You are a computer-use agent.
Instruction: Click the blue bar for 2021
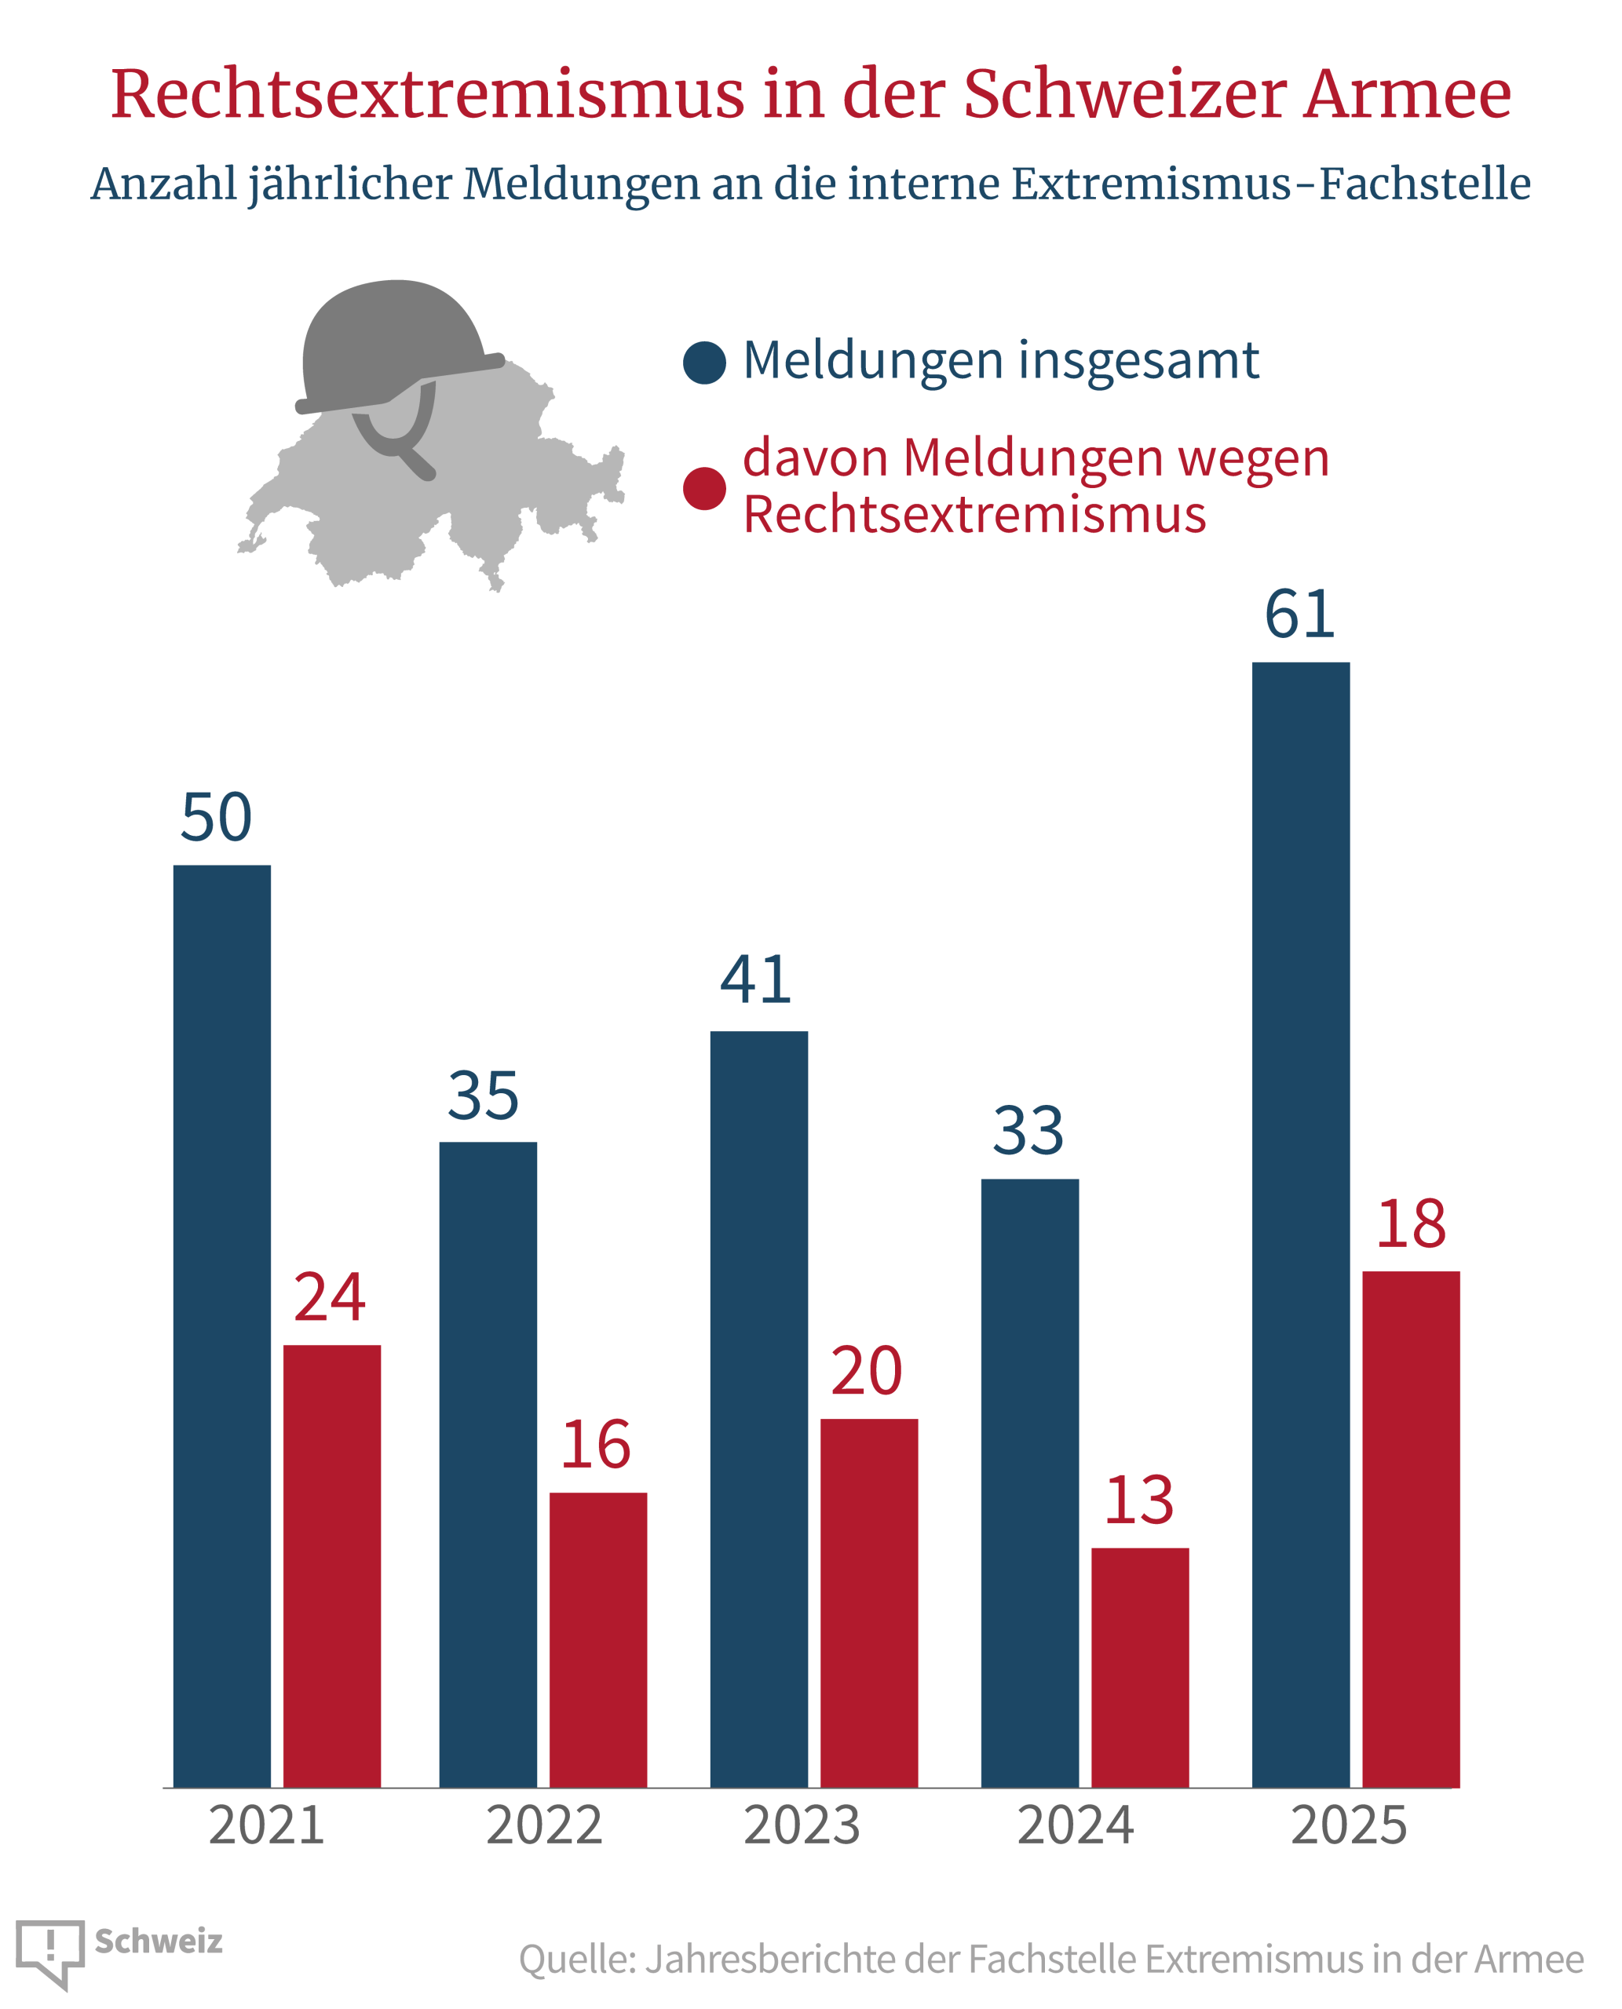click(222, 1326)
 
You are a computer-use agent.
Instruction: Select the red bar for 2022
click(598, 1640)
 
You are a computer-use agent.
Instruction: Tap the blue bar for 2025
click(1301, 1224)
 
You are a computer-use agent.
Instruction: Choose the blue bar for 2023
click(758, 1409)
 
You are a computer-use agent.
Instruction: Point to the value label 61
click(1299, 614)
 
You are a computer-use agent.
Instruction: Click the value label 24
click(330, 1297)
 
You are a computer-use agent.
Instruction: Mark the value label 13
click(1139, 1501)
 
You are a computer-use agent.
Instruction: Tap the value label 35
click(483, 1096)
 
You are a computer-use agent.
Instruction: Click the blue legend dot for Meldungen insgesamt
click(704, 363)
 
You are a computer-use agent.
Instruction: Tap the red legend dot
click(704, 488)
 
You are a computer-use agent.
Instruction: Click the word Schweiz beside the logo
click(159, 1942)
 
